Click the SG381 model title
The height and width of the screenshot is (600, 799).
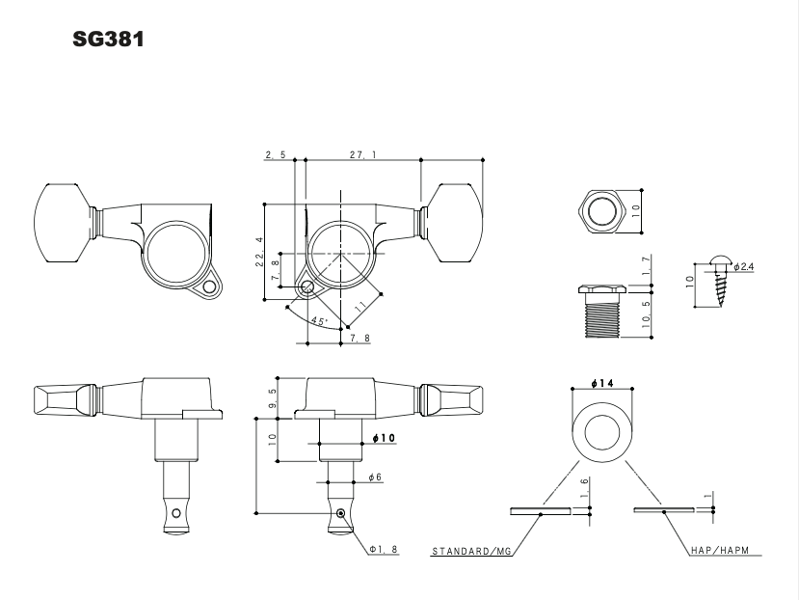[108, 42]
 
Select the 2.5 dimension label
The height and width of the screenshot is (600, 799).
[273, 152]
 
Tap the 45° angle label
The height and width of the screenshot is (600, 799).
[317, 319]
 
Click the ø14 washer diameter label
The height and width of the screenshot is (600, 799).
[601, 384]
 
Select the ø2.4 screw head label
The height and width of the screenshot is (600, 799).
[742, 266]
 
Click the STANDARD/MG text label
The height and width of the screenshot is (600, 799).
[471, 554]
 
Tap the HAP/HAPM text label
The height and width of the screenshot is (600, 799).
[726, 554]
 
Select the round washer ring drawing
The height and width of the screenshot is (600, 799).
[601, 430]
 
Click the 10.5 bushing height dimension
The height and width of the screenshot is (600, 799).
[645, 314]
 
